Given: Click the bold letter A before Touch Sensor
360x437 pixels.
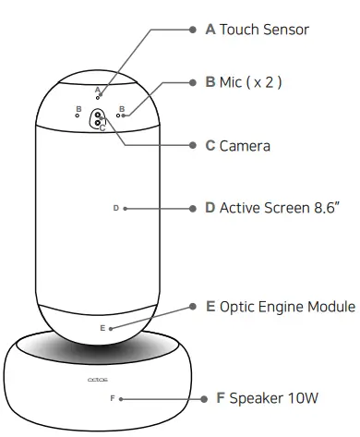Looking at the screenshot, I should pos(210,30).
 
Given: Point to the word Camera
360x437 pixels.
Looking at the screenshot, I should pos(245,145).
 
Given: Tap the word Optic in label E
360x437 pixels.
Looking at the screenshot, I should pos(239,307).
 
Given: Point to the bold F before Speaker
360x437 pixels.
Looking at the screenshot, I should pos(221,398).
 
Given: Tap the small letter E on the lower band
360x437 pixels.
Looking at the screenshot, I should pos(102,328).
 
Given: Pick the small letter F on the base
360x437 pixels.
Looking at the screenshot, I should pos(112,398).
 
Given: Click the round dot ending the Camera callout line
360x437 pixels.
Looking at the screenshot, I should pos(192,145).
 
